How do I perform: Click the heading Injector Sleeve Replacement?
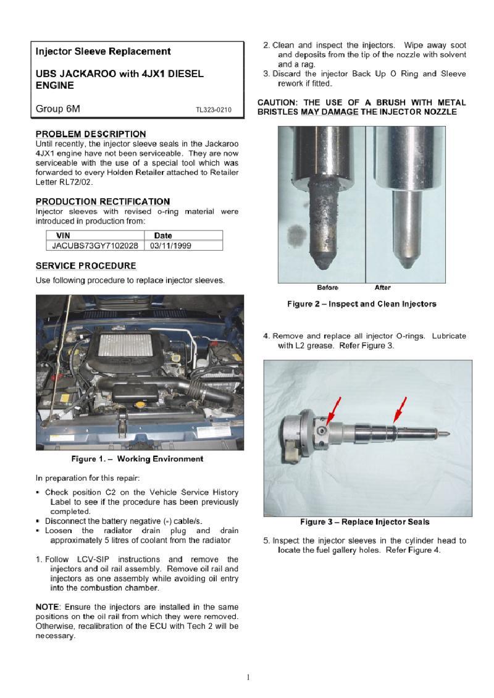point(103,51)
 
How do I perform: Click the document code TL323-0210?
point(214,110)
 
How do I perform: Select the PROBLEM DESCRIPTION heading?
point(91,134)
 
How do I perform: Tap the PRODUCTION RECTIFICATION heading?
point(103,201)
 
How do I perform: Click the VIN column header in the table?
point(63,235)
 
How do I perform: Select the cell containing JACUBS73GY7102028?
point(95,245)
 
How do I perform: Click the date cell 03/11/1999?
point(170,245)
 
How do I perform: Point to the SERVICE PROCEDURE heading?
point(86,266)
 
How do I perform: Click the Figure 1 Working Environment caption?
point(137,459)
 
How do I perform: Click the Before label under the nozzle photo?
point(327,287)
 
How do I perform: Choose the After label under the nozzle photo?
point(382,287)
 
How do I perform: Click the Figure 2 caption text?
point(361,304)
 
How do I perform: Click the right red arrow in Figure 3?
point(400,408)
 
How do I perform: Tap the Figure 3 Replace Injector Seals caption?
point(364,522)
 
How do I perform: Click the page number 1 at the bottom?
point(248,677)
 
